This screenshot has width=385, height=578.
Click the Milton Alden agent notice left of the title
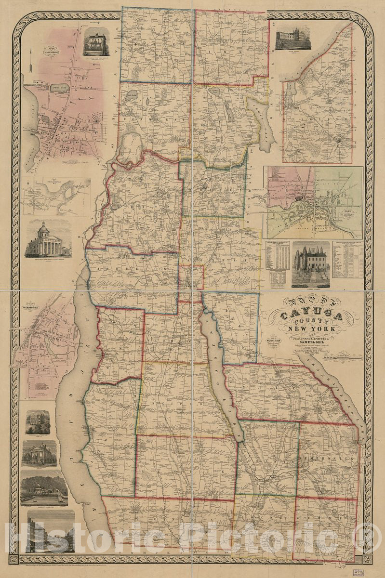[x=271, y=342]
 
